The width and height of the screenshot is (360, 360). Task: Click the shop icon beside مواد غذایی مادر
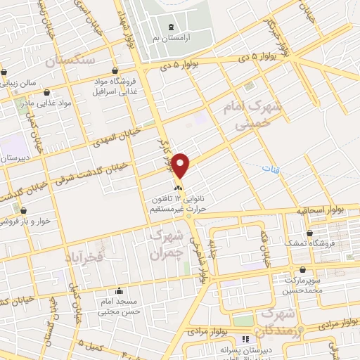(47, 91)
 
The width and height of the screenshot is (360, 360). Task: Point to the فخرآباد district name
(86, 250)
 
